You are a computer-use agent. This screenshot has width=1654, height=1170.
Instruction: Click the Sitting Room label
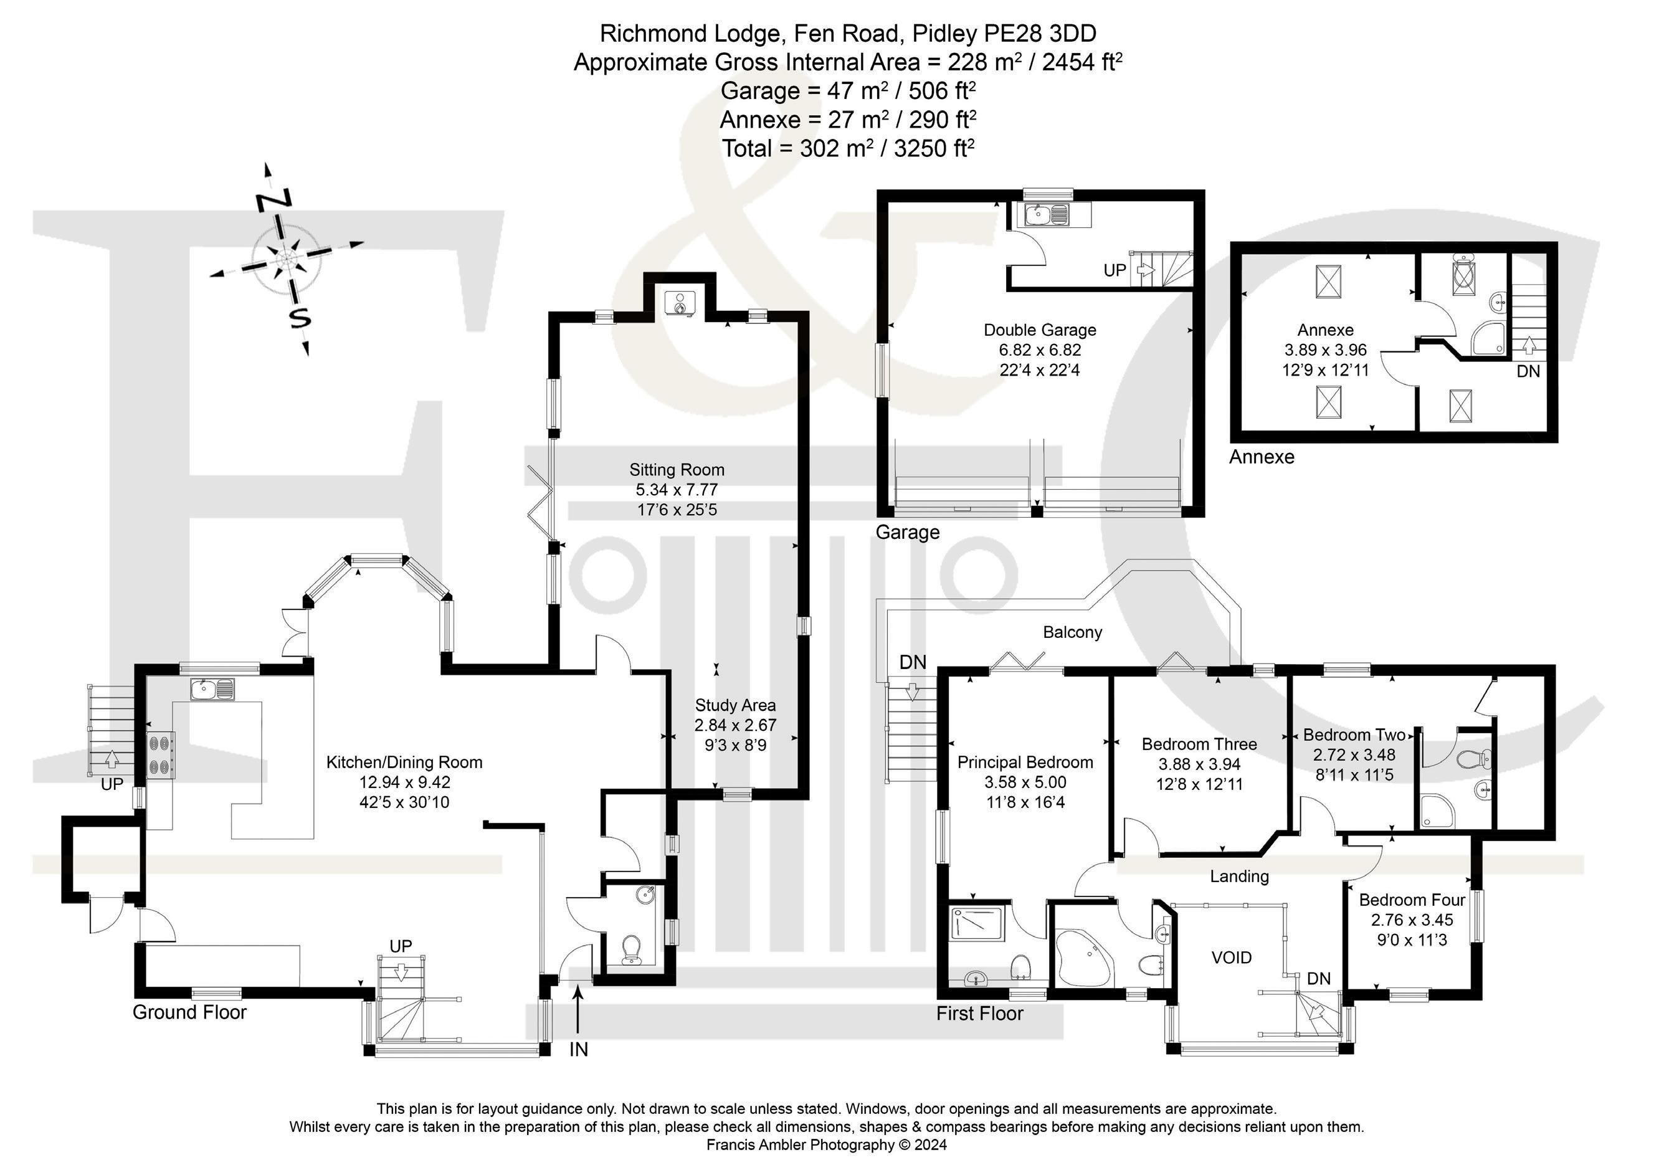coord(677,470)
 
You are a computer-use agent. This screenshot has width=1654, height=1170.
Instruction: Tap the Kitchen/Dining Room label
coord(404,762)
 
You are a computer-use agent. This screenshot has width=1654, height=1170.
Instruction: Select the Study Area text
coord(734,705)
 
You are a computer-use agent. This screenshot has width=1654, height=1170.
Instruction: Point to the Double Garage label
coord(1040,330)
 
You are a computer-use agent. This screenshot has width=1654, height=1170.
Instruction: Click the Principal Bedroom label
coord(1024,762)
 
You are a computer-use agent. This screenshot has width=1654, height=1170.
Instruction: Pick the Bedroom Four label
coord(1411,900)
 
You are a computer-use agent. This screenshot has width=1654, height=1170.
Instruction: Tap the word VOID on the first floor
coord(1231,958)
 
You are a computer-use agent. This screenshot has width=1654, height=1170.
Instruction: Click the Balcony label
coord(1072,632)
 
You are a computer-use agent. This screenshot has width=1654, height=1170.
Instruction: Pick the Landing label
coord(1239,876)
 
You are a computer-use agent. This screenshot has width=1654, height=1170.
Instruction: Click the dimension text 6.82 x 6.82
coord(1040,350)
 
